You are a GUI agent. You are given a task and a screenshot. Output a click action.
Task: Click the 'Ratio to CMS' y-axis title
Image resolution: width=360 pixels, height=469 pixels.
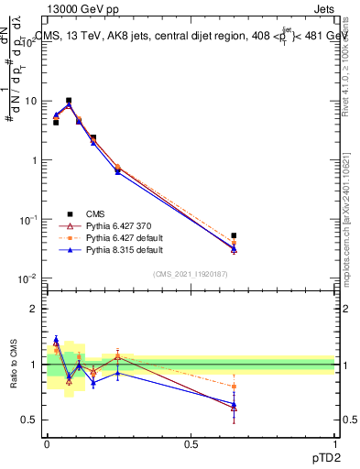click(x=16, y=364)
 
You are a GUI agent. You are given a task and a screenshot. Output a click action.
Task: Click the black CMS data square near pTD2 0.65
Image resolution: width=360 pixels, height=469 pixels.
click(x=234, y=235)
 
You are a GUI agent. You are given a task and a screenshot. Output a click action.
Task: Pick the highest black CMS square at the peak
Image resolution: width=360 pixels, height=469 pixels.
click(x=69, y=101)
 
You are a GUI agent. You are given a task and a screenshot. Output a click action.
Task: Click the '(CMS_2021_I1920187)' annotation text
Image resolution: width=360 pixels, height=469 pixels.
click(x=190, y=273)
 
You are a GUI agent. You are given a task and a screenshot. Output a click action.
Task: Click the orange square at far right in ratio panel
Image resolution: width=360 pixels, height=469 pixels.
click(x=234, y=387)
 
